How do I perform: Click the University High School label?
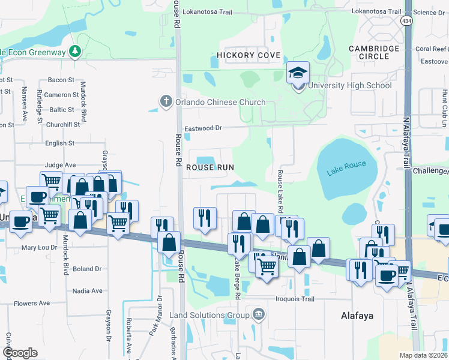[350, 85]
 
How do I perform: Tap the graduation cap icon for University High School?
[298, 73]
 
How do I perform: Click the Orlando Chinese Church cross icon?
[166, 101]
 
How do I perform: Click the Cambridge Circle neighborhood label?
[374, 52]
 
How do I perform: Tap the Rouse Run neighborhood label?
[209, 167]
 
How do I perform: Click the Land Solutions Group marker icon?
[259, 314]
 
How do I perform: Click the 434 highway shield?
[407, 21]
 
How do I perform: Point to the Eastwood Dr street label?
[203, 128]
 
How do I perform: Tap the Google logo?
[19, 353]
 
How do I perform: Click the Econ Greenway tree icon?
[75, 51]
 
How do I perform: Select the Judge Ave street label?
[60, 164]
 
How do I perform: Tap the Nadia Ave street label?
[88, 290]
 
